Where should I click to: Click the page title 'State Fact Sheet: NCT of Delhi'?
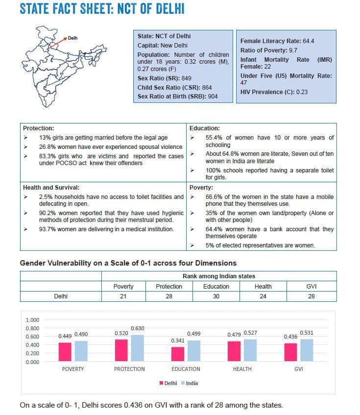(x=102, y=10)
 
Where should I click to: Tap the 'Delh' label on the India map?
(x=72, y=38)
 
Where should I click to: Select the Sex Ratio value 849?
(x=186, y=78)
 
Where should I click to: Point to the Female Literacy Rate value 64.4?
(x=309, y=41)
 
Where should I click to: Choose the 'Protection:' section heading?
(x=39, y=128)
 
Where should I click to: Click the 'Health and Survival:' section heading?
(x=51, y=188)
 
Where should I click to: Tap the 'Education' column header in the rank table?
(x=216, y=287)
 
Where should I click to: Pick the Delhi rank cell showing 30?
(x=216, y=296)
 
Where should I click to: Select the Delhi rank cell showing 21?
(x=123, y=296)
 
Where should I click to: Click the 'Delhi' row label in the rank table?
(x=61, y=296)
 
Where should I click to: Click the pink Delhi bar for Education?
(x=178, y=354)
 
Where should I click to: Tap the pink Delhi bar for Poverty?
(x=65, y=351)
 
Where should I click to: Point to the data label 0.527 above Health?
(x=250, y=334)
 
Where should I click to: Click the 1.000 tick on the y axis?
(x=32, y=320)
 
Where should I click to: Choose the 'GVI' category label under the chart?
(x=298, y=369)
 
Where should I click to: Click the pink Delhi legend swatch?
(x=162, y=383)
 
